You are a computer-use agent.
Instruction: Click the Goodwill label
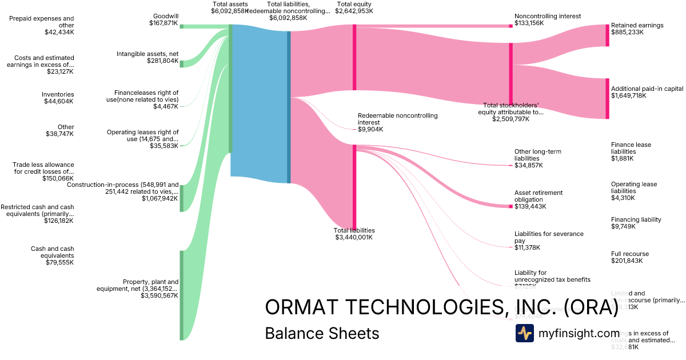pos(165,16)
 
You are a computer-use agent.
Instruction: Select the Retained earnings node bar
pos(607,35)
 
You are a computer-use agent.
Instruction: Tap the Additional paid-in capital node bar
pos(607,99)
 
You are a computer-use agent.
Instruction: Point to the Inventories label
pos(58,94)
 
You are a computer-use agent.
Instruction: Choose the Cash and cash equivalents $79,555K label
pos(52,255)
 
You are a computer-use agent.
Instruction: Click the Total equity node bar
pos(354,57)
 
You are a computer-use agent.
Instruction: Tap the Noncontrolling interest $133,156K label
pos(547,19)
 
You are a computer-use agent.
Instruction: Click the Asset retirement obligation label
pos(539,196)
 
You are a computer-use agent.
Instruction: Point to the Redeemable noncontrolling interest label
pos(397,119)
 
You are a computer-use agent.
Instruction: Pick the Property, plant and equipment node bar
pos(182,295)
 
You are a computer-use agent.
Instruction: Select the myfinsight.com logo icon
pos(524,333)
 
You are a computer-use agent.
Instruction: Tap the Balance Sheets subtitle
pos(322,334)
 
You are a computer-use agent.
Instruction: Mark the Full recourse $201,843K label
pos(629,257)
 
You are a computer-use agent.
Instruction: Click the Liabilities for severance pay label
pos(541,237)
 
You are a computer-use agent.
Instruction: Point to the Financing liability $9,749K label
pos(636,223)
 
